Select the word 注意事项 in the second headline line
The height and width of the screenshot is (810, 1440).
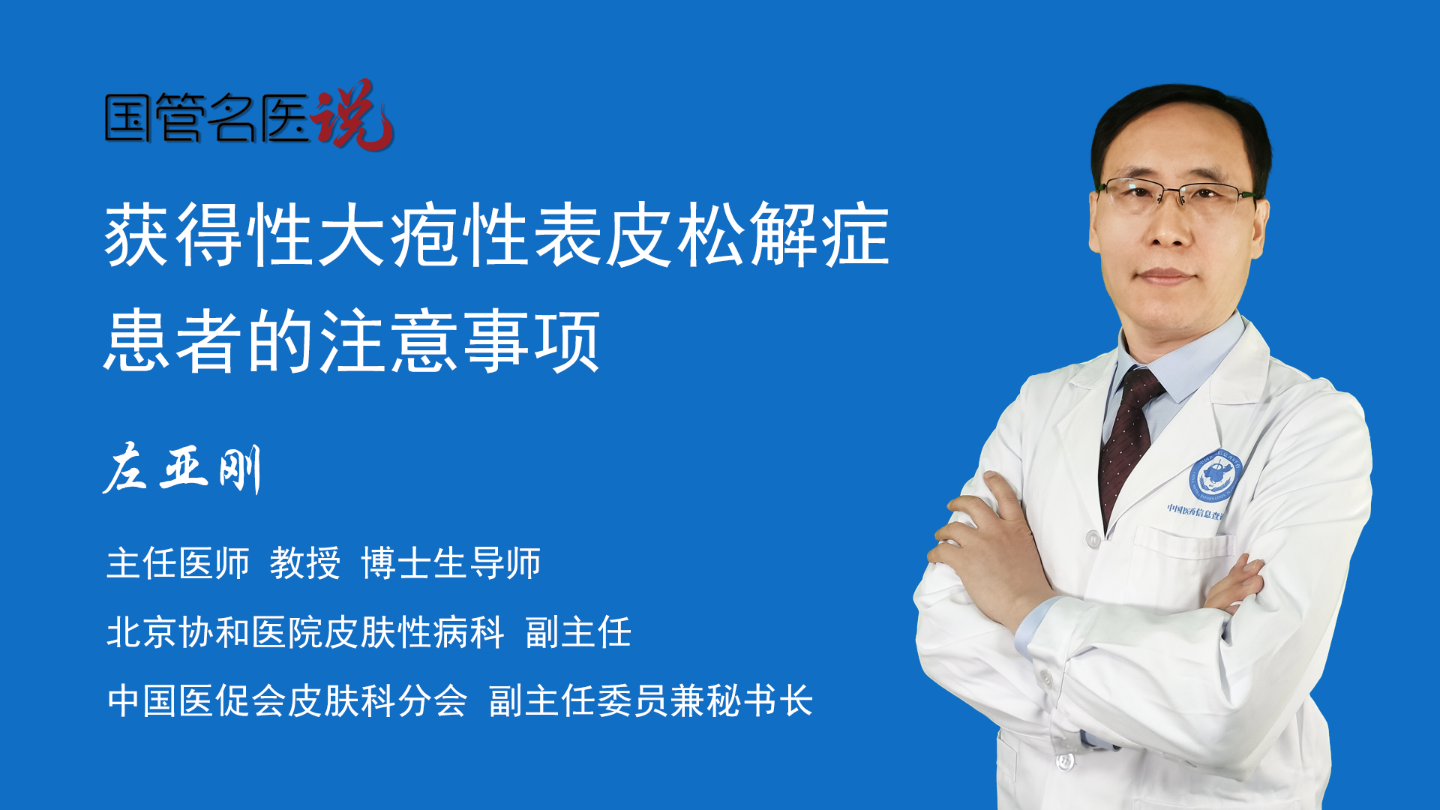pos(460,342)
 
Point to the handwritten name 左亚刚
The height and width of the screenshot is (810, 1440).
pos(181,469)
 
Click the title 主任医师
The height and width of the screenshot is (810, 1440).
pos(178,563)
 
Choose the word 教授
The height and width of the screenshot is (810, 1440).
pos(305,563)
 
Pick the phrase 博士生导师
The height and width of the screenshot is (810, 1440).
pos(451,563)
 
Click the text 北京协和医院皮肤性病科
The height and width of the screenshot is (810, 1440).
pos(305,632)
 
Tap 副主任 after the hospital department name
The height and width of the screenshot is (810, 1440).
pos(578,632)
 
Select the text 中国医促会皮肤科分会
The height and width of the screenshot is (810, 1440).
pos(287,701)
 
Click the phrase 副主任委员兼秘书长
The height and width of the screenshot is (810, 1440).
pos(651,701)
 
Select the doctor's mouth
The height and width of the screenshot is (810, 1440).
pos(1164,276)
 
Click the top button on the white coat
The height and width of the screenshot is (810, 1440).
pos(1093,538)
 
